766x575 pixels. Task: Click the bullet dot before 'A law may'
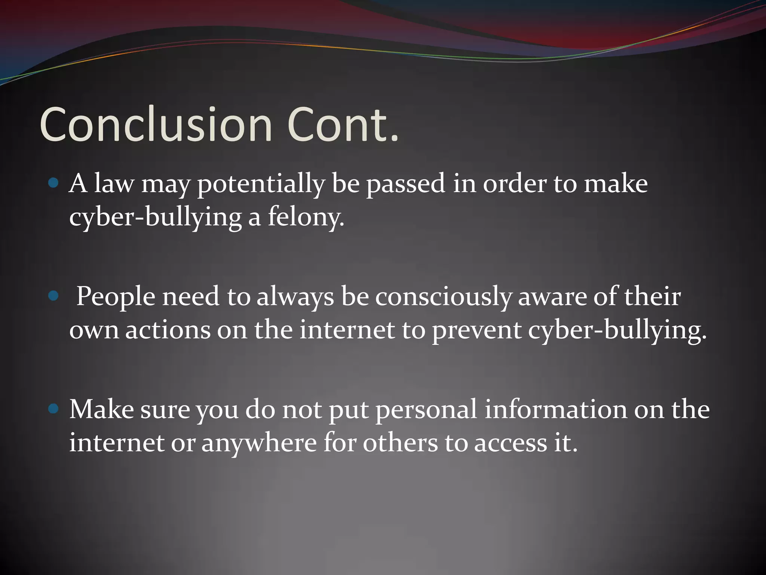point(54,183)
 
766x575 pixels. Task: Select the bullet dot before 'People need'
point(54,296)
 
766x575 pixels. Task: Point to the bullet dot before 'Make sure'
point(54,409)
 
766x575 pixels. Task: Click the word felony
point(306,217)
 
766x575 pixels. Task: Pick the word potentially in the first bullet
point(261,184)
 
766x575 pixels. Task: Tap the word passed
point(406,184)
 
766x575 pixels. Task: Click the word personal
point(426,410)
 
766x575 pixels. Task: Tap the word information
point(556,409)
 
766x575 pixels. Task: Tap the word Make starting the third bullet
point(102,409)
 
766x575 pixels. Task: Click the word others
point(400,443)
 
